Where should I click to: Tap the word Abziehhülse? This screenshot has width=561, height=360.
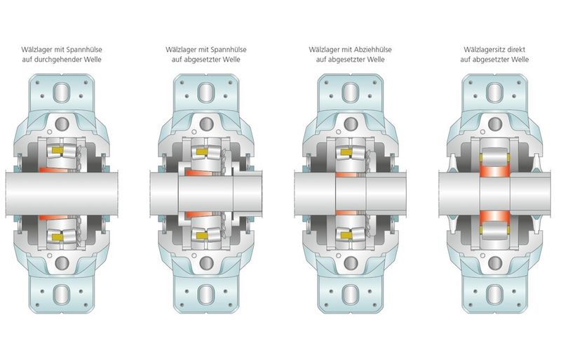[373, 49]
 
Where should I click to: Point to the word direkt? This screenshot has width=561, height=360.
[517, 49]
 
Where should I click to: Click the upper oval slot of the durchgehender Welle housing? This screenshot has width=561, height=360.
[62, 92]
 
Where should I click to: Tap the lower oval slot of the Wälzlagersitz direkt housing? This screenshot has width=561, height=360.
[495, 294]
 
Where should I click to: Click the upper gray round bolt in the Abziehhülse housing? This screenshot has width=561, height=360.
[351, 124]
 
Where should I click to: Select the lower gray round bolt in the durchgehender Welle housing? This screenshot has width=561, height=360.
[62, 263]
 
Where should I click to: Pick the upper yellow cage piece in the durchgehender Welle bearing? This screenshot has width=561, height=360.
[58, 149]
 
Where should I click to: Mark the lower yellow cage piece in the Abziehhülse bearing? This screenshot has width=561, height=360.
[346, 235]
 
